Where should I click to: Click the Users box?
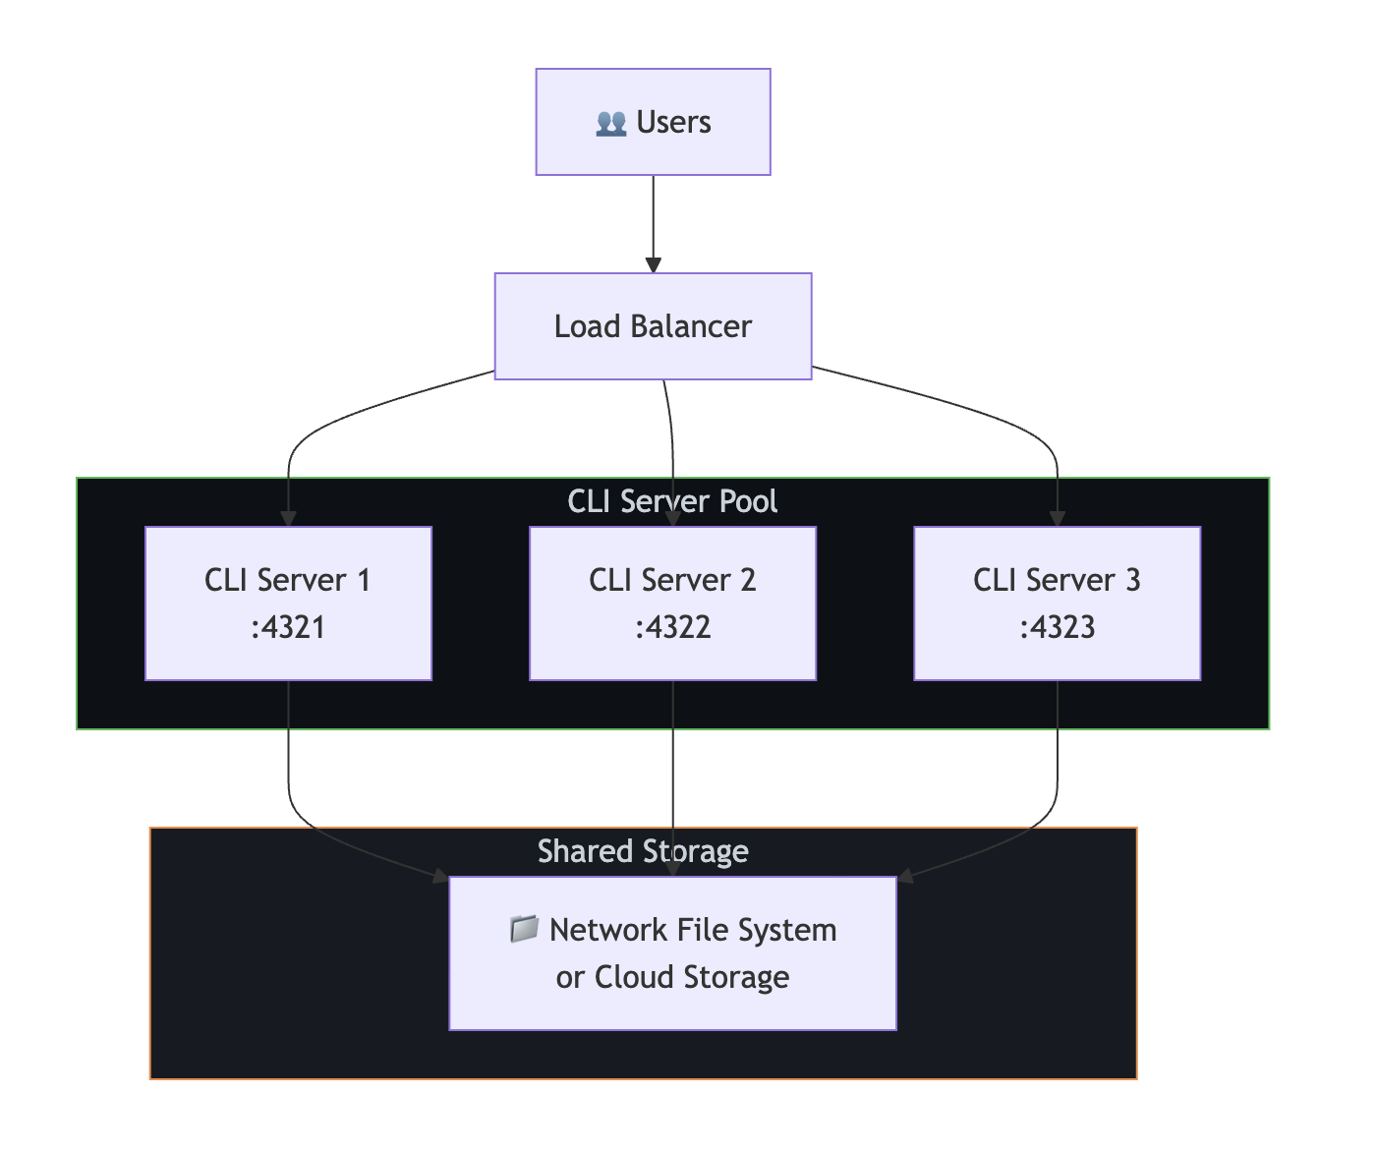pyautogui.click(x=653, y=122)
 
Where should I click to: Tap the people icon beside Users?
pyautogui.click(x=610, y=123)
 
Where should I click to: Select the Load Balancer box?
pyautogui.click(x=653, y=326)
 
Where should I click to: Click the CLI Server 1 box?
pyautogui.click(x=288, y=603)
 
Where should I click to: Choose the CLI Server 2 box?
pyautogui.click(x=672, y=603)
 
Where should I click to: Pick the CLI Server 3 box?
pyautogui.click(x=1057, y=603)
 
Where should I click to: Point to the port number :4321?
pyautogui.click(x=288, y=627)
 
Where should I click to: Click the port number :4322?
pyautogui.click(x=672, y=627)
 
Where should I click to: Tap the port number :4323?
pyautogui.click(x=1057, y=627)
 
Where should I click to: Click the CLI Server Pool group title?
pyautogui.click(x=672, y=501)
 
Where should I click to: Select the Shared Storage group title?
pyautogui.click(x=643, y=851)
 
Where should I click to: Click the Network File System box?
pyautogui.click(x=672, y=952)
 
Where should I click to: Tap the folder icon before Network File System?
pyautogui.click(x=524, y=929)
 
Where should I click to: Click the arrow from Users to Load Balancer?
pyautogui.click(x=653, y=221)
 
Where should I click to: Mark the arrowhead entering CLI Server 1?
pyautogui.click(x=288, y=518)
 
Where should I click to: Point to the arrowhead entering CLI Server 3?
pyautogui.click(x=1057, y=518)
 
